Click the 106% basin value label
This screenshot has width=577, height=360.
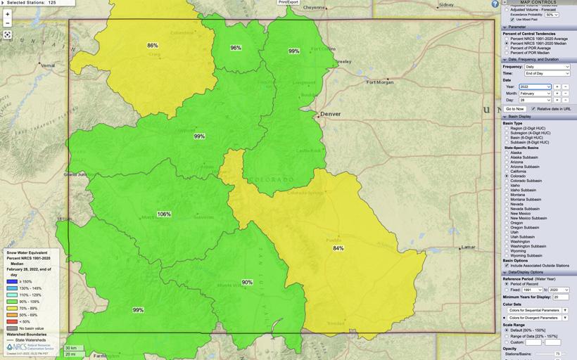tap(164, 214)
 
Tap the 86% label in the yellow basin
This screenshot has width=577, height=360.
tap(153, 46)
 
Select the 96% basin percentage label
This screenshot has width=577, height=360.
tap(236, 48)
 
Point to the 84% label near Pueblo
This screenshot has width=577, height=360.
tap(338, 248)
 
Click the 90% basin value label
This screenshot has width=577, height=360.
tap(247, 282)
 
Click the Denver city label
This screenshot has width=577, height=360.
tap(330, 114)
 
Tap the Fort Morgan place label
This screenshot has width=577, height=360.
tap(380, 82)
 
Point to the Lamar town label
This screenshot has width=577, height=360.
tap(467, 247)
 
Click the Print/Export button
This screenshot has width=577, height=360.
tap(288, 2)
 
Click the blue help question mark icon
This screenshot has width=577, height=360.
tap(495, 4)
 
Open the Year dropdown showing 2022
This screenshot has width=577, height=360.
tap(535, 86)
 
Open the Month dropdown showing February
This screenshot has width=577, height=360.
tap(535, 94)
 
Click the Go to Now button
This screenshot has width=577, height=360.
tap(514, 109)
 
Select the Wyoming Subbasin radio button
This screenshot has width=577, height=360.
tap(507, 255)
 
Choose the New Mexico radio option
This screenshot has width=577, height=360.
tap(507, 213)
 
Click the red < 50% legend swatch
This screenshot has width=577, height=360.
tap(12, 321)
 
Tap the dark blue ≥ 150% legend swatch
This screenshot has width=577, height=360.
tap(12, 281)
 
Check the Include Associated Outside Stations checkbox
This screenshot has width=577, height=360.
tap(507, 265)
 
